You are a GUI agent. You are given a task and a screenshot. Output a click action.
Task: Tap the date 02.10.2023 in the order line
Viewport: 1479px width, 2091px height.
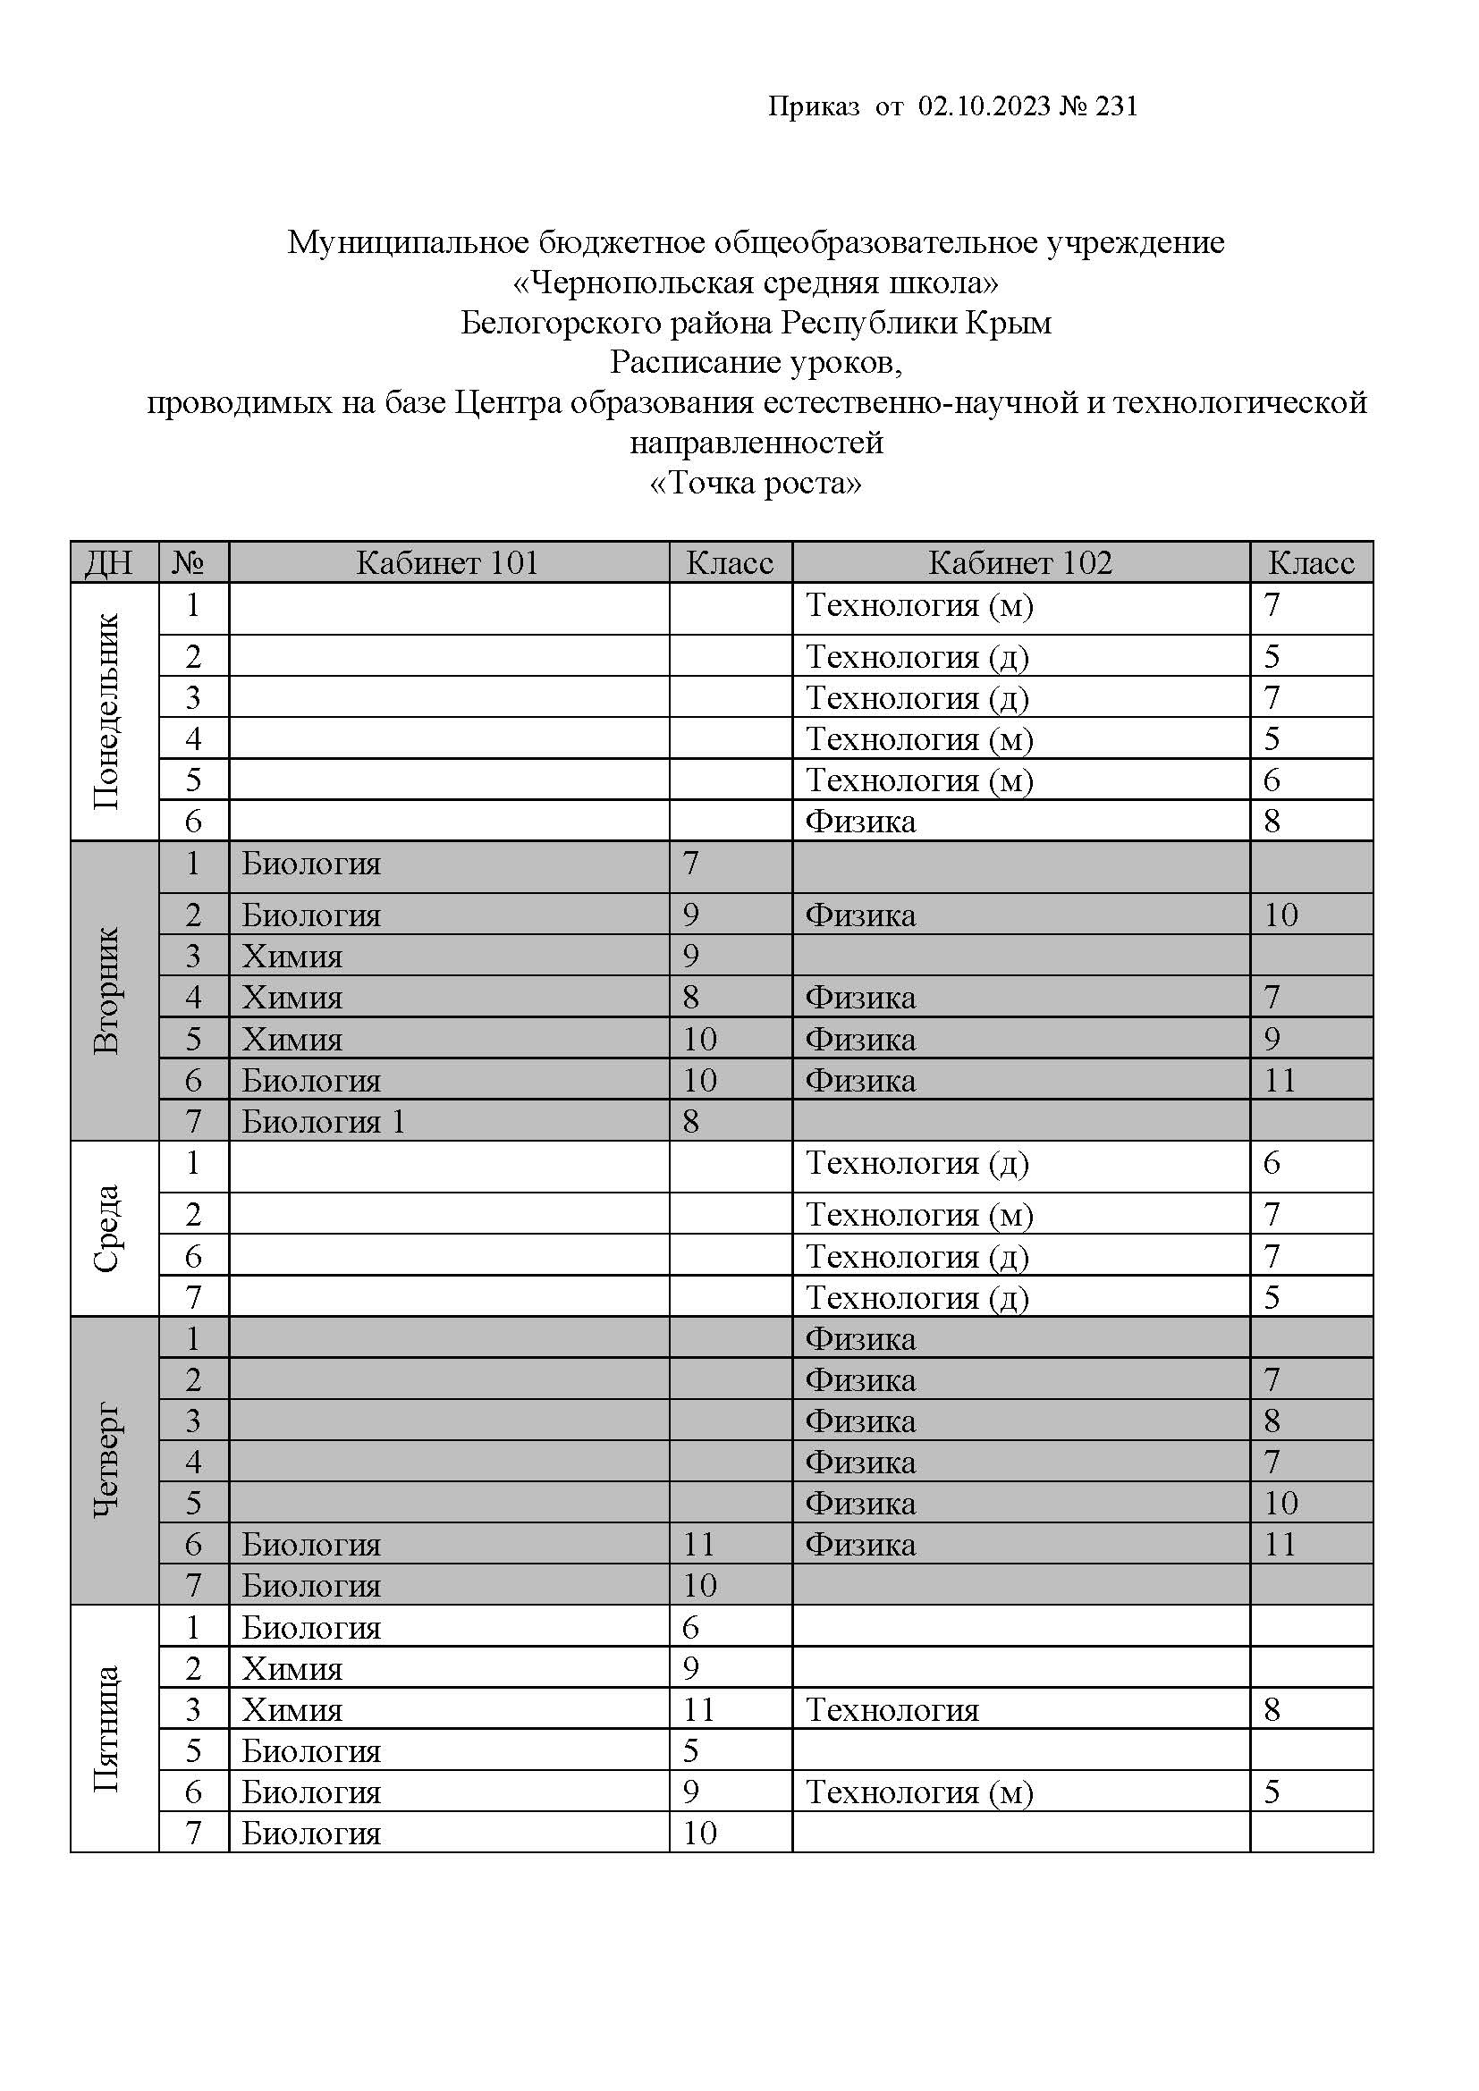985,106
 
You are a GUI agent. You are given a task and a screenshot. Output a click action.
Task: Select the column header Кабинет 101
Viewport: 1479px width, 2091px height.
447,563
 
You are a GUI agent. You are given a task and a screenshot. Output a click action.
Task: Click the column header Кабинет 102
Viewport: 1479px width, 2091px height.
1020,563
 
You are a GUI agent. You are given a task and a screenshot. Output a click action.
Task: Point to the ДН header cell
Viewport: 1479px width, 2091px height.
109,563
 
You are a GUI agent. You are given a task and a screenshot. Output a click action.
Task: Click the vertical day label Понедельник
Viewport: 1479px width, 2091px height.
106,712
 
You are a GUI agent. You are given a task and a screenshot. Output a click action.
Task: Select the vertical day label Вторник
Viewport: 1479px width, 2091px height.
106,990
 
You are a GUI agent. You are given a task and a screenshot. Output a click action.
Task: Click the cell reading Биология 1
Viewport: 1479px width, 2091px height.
324,1121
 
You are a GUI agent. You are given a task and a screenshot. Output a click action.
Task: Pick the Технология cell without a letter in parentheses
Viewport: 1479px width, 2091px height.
892,1710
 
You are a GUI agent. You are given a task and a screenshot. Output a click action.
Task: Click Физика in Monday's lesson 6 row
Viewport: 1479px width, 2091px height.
859,822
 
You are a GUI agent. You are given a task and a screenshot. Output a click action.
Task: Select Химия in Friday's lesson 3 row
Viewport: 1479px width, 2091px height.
292,1710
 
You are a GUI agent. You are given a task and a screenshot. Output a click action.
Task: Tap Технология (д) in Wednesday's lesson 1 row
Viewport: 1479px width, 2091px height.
917,1163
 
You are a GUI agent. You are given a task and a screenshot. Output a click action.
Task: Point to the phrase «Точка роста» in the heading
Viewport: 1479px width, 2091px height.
756,482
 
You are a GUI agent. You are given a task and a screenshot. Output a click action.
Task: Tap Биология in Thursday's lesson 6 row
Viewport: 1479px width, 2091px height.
310,1545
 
